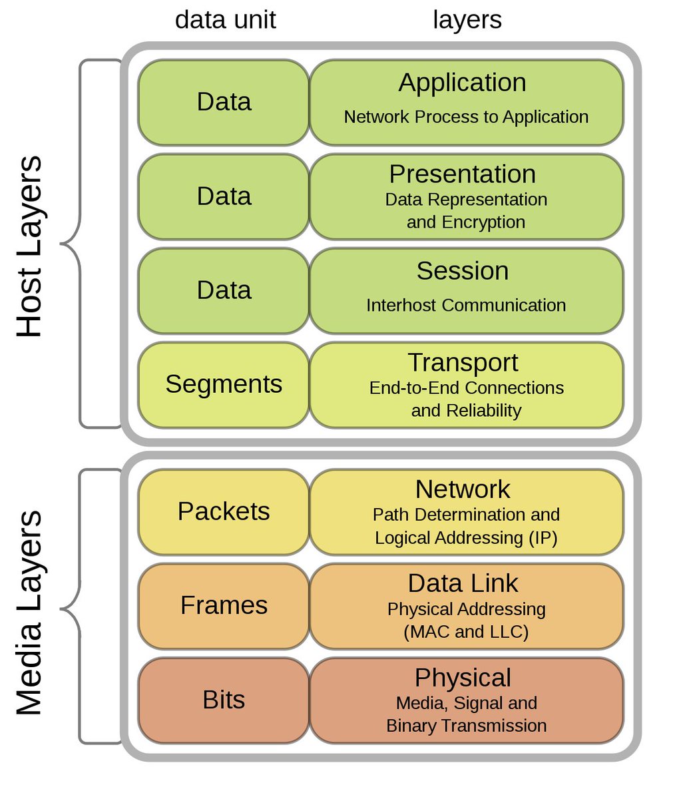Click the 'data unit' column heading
point(225,20)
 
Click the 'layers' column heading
point(467,20)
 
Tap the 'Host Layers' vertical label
point(29,246)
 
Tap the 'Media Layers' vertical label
point(29,613)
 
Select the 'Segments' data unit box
point(224,384)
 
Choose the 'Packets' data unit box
point(224,511)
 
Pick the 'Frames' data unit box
point(224,605)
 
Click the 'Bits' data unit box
point(224,700)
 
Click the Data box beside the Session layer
point(224,290)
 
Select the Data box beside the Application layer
point(224,102)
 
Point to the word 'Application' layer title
point(462,83)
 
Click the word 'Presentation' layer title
point(462,174)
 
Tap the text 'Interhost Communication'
point(466,306)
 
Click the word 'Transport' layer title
point(462,363)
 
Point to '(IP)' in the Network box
point(543,537)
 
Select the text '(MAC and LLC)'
point(466,631)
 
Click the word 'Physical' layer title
point(462,678)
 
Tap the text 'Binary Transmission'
point(466,726)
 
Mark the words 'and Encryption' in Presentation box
point(466,222)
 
